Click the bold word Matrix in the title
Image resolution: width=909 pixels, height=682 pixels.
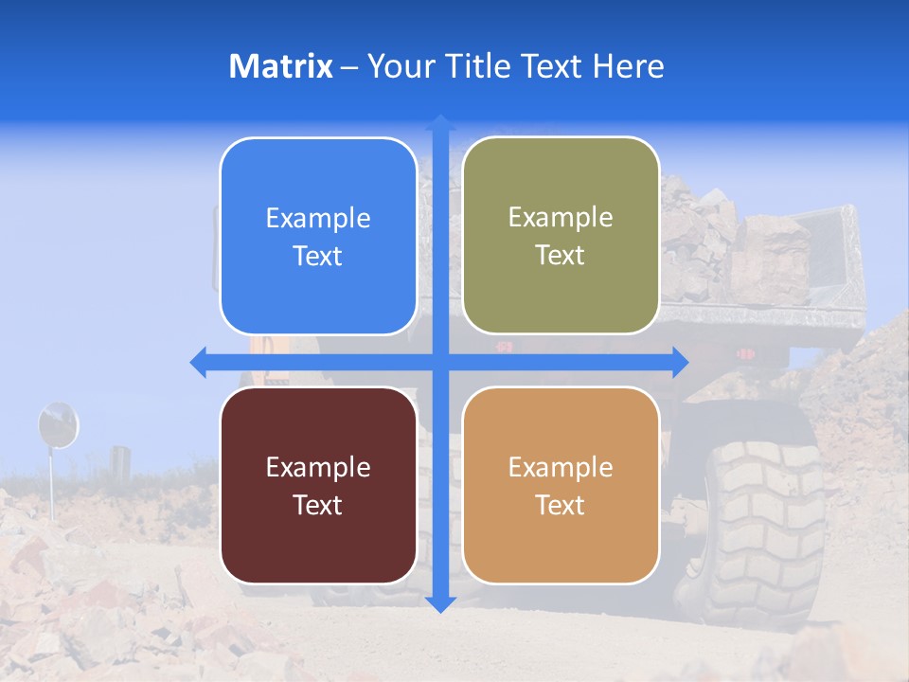280,66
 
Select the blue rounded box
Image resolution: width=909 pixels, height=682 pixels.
318,236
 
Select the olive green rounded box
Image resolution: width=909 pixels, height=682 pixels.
561,236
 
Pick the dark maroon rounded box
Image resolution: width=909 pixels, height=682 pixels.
318,485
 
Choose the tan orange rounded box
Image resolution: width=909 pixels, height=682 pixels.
561,485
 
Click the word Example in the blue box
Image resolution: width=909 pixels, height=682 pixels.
318,219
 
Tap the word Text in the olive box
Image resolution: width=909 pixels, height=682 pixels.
561,256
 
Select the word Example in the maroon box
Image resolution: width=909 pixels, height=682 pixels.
318,467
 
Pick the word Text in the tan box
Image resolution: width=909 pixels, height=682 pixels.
561,505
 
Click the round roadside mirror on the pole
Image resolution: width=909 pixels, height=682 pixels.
58,424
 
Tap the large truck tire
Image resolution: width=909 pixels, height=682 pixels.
763,530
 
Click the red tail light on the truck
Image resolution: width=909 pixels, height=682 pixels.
746,353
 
